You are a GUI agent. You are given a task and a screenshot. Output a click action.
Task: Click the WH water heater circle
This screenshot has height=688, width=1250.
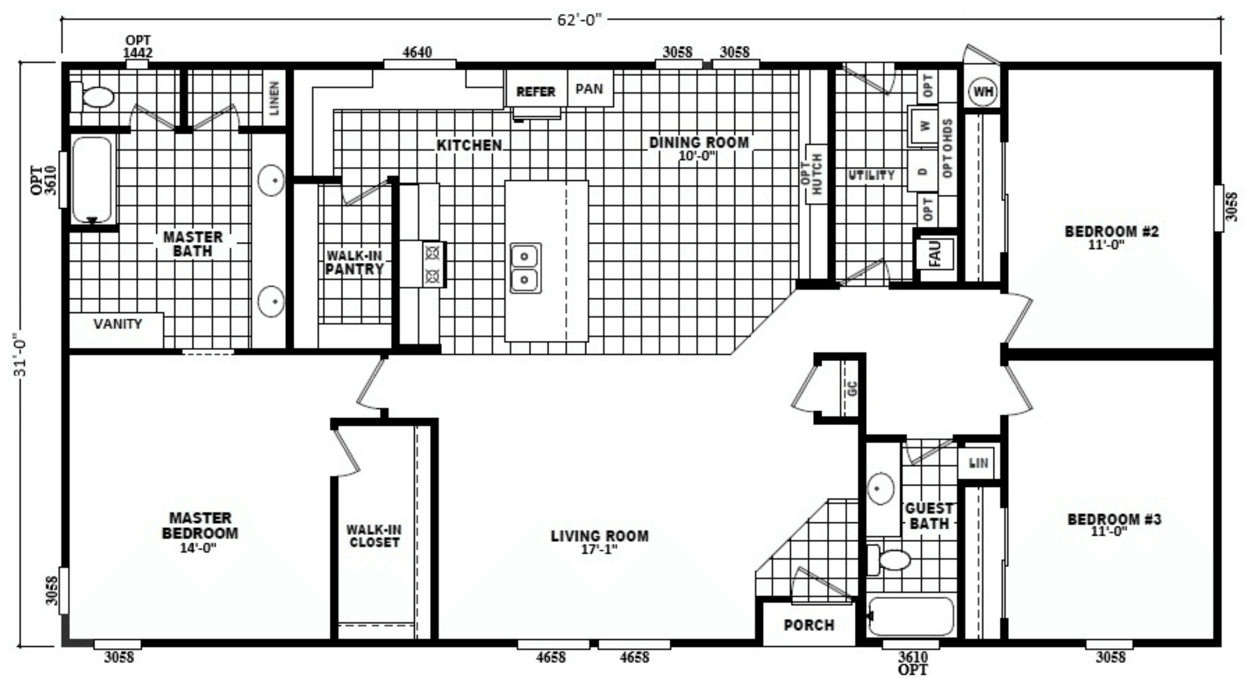point(983,92)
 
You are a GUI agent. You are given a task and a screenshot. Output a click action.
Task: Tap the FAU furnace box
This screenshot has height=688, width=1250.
point(935,254)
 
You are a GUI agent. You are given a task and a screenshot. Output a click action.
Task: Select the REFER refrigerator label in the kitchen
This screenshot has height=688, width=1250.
point(535,92)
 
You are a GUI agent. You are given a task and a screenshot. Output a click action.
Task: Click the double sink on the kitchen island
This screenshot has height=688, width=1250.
point(524,268)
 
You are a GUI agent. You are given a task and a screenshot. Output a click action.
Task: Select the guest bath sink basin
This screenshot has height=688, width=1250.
point(880,488)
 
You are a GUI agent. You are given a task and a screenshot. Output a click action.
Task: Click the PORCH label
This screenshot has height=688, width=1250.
point(809,625)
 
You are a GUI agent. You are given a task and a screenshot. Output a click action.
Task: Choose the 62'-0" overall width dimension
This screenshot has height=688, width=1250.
point(579,20)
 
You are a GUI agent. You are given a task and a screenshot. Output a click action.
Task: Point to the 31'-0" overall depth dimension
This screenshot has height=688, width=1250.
point(22,354)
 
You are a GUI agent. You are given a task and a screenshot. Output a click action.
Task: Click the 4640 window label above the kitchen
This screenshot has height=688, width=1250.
point(417,52)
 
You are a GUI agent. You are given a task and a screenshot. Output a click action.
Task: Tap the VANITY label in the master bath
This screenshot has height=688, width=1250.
point(118,324)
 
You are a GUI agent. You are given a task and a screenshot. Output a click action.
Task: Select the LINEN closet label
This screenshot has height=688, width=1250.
point(274,98)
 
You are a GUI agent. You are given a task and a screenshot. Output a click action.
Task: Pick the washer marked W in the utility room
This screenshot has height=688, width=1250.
point(923,126)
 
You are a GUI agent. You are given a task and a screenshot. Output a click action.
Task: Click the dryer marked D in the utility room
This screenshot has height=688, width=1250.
point(923,171)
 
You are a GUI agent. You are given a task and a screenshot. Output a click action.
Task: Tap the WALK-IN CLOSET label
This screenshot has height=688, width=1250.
point(374,536)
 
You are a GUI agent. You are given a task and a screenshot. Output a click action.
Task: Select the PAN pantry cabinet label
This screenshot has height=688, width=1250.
point(589,89)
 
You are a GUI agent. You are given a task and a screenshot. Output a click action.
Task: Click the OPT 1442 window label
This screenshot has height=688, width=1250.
point(138,46)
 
